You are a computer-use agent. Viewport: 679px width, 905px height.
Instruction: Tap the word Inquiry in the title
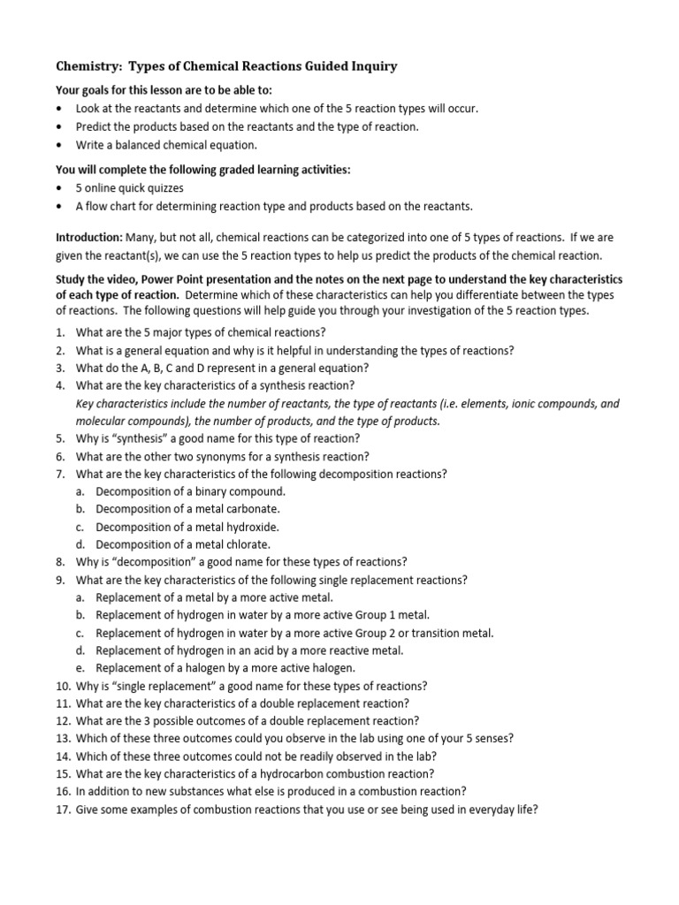click(x=372, y=65)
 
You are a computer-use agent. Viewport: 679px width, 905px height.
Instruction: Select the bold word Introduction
click(x=88, y=239)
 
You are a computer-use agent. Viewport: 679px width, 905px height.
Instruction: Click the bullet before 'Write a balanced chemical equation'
click(x=59, y=145)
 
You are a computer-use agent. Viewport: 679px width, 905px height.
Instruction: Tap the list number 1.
click(x=60, y=332)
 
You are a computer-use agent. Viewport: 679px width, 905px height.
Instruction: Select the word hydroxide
click(x=251, y=527)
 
